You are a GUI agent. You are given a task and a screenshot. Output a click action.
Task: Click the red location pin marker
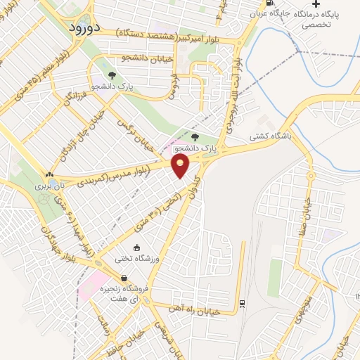pos(181,166)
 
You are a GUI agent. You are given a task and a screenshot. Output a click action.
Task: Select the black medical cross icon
pos(316,4)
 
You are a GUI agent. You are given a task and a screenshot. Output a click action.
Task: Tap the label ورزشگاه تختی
pos(136,258)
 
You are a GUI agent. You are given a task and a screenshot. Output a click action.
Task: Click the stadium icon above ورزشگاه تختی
pos(136,247)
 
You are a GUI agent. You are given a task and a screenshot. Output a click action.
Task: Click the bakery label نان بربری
pos(48,187)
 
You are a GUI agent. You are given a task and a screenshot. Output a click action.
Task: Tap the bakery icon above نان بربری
pos(49,174)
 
